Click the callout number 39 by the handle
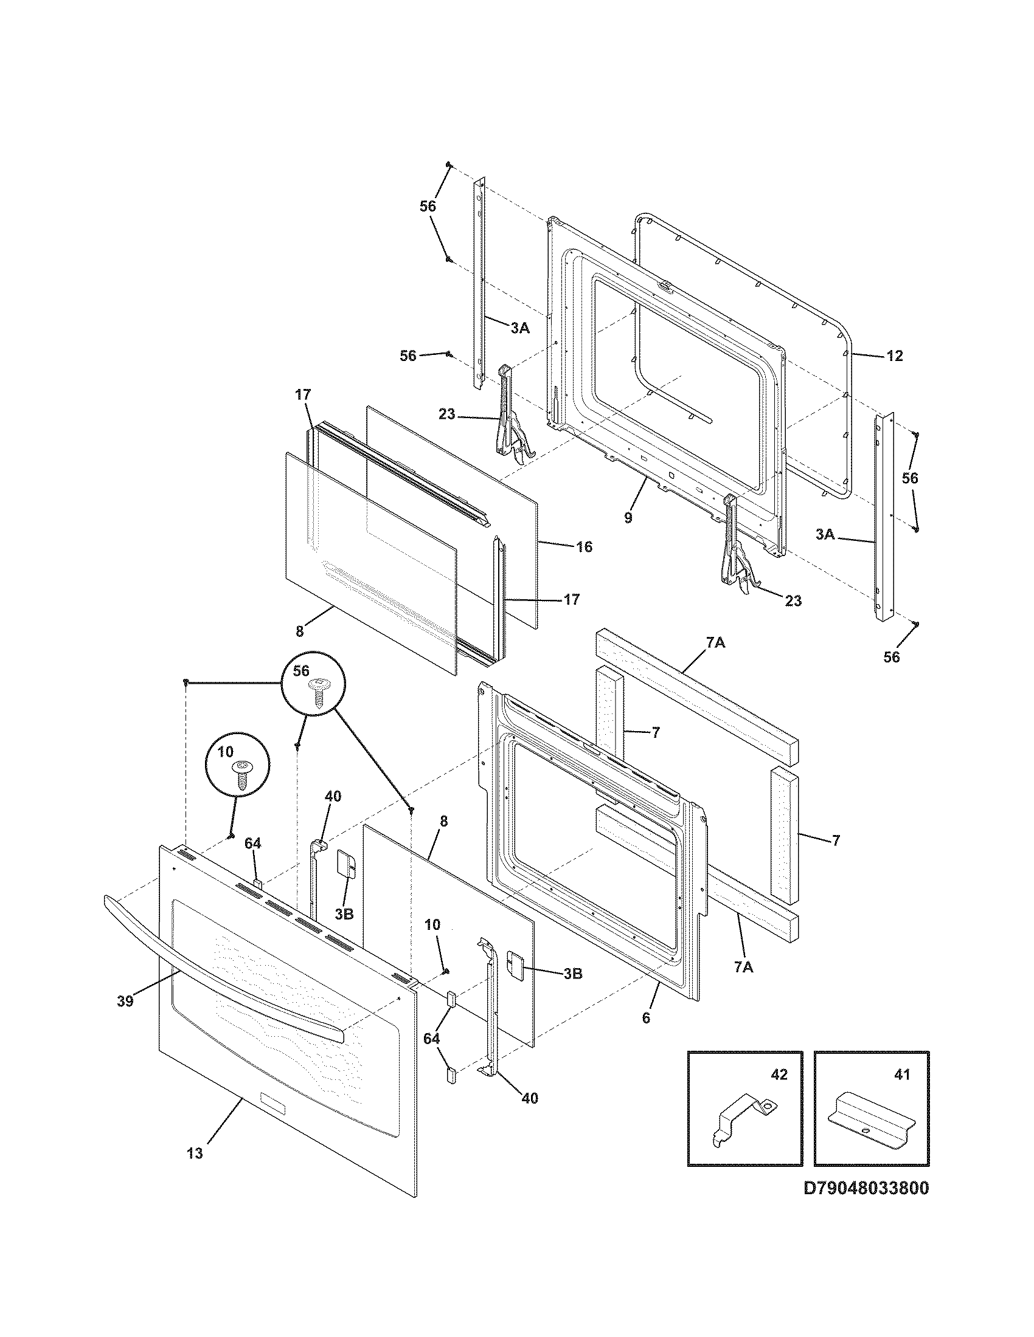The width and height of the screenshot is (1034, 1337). coord(125,1001)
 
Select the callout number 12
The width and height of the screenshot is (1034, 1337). coord(894,356)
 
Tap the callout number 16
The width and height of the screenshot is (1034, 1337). coord(585,546)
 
